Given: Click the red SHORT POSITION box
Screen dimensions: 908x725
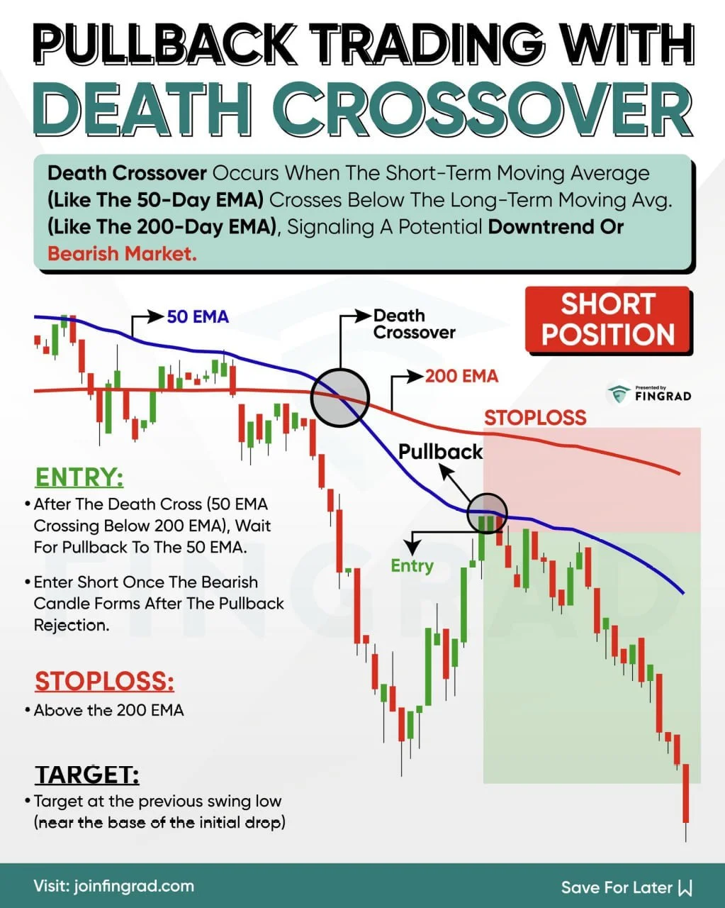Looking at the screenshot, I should pyautogui.click(x=607, y=319).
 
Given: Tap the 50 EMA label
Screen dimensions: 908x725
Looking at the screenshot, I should pyautogui.click(x=198, y=316).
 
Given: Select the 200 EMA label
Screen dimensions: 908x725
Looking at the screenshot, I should pyautogui.click(x=461, y=375).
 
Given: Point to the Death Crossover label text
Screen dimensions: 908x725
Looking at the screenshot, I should pyautogui.click(x=414, y=324).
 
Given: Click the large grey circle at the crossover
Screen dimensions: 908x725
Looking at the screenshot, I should pyautogui.click(x=340, y=397).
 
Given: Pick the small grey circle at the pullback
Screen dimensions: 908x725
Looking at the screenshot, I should pyautogui.click(x=488, y=512).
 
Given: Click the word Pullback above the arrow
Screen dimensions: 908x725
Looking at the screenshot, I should pyautogui.click(x=440, y=451).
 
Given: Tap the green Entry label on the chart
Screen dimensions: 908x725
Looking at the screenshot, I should pyautogui.click(x=412, y=565).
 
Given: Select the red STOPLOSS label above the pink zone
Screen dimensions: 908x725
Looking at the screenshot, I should pyautogui.click(x=535, y=418).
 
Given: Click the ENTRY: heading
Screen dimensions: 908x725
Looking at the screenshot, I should pyautogui.click(x=79, y=477).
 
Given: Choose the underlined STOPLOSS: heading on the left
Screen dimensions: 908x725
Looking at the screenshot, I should pyautogui.click(x=104, y=681).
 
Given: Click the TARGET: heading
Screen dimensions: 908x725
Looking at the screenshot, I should pyautogui.click(x=87, y=774).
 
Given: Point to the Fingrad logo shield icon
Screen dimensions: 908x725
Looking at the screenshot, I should pyautogui.click(x=619, y=394).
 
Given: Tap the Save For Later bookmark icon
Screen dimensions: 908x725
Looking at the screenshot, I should pyautogui.click(x=685, y=887).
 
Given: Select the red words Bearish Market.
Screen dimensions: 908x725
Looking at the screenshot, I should pyautogui.click(x=122, y=253).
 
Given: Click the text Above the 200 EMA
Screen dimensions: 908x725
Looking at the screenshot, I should pyautogui.click(x=108, y=710).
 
